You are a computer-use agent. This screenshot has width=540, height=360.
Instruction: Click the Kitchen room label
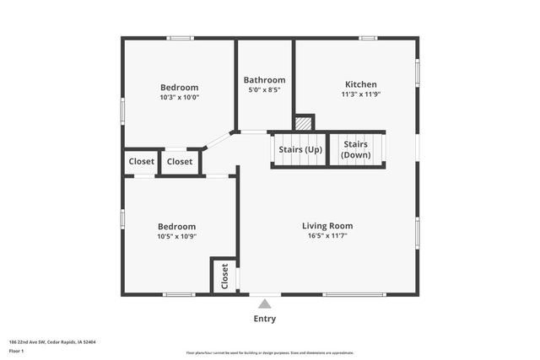click(x=360, y=84)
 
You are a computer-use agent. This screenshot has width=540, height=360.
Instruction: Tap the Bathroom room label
click(x=265, y=80)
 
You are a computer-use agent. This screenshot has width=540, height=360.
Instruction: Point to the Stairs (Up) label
click(x=300, y=150)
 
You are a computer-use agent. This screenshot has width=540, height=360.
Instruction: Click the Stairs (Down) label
click(x=355, y=150)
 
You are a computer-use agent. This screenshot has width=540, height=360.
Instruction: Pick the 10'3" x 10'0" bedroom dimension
click(x=179, y=97)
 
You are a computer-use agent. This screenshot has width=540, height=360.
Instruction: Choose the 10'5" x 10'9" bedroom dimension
click(x=176, y=237)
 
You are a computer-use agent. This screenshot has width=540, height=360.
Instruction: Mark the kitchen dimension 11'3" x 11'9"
click(x=360, y=94)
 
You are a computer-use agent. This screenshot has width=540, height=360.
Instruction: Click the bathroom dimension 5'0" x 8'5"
click(x=264, y=90)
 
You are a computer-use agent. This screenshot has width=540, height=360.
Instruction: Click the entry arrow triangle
click(x=265, y=304)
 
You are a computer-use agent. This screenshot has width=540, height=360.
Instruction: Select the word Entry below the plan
click(x=265, y=319)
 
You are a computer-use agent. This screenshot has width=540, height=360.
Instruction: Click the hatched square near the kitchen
click(x=305, y=123)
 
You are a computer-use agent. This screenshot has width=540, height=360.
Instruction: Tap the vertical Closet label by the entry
click(x=224, y=276)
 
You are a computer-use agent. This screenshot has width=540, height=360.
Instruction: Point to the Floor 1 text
click(x=15, y=350)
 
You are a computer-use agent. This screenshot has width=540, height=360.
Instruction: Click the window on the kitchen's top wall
click(x=368, y=38)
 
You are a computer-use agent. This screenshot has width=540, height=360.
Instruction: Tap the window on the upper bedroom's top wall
click(x=180, y=38)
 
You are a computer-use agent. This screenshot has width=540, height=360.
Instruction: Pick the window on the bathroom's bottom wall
click(x=252, y=131)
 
